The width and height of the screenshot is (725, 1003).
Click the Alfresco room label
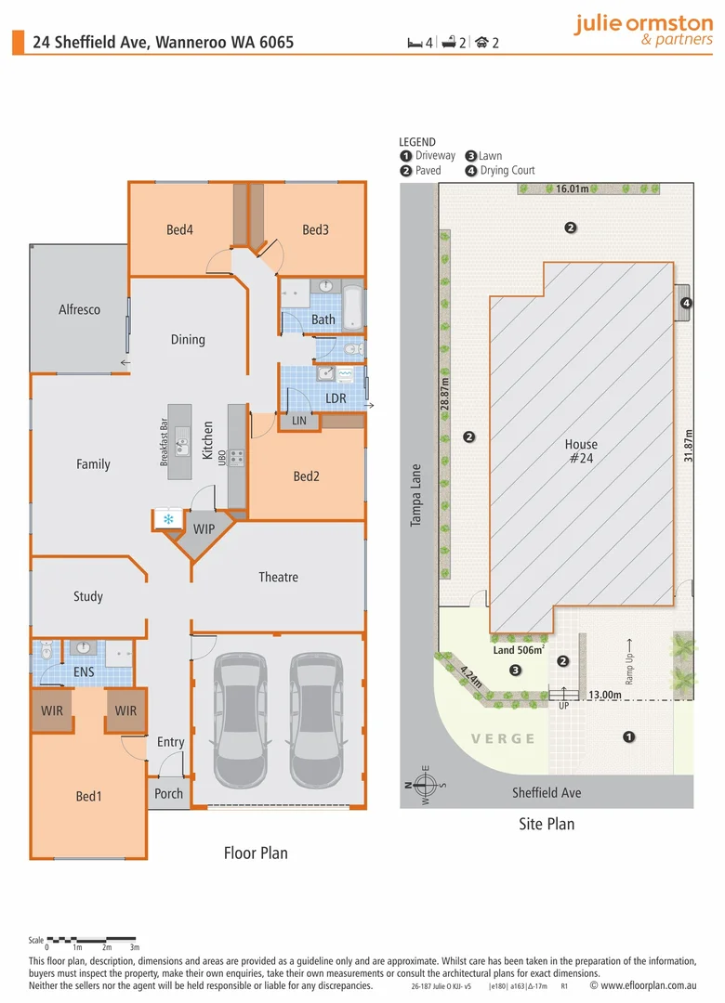click(x=79, y=309)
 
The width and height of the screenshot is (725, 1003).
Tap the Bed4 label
click(x=179, y=229)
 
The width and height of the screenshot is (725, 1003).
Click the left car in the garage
click(x=240, y=721)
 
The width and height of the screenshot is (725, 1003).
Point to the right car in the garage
click(x=316, y=721)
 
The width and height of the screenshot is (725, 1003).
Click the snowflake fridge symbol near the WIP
click(x=168, y=519)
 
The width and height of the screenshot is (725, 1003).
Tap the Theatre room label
click(x=278, y=577)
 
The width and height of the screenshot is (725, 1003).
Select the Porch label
click(x=168, y=794)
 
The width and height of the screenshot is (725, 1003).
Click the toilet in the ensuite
click(x=46, y=651)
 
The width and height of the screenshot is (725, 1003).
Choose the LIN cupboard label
click(x=299, y=421)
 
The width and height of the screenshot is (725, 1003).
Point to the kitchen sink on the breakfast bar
click(x=182, y=441)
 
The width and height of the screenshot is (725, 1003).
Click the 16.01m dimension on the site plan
click(x=572, y=189)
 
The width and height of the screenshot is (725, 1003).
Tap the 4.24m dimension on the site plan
click(x=471, y=677)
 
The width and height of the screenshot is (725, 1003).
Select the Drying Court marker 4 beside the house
click(x=686, y=303)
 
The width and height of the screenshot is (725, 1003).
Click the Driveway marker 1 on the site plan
click(x=629, y=736)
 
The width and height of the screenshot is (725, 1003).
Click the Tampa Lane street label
click(x=415, y=496)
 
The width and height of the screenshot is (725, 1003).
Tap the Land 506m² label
click(x=519, y=650)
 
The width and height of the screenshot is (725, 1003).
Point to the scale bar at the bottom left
click(x=92, y=940)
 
